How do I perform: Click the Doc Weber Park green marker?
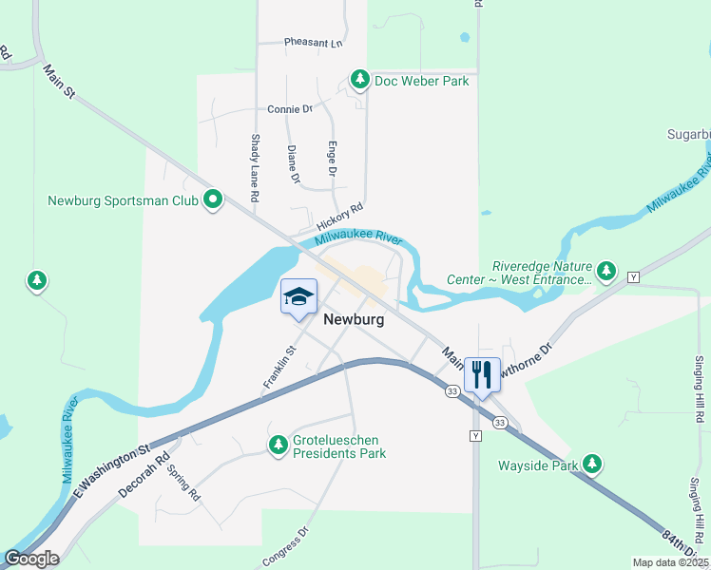pos(360,79)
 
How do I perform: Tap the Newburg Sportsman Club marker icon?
pos(213,199)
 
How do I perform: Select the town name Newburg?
pos(354,320)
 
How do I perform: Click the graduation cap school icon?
pos(298,296)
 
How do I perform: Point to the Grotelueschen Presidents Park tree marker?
pos(279,444)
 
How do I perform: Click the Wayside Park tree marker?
pos(593,464)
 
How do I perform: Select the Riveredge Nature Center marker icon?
pos(606,272)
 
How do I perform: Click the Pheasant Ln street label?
pos(313,43)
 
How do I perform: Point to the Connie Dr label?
pos(290,109)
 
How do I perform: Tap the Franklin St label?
pos(279,369)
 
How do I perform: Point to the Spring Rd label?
pos(183,482)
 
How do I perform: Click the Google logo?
pos(31,559)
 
